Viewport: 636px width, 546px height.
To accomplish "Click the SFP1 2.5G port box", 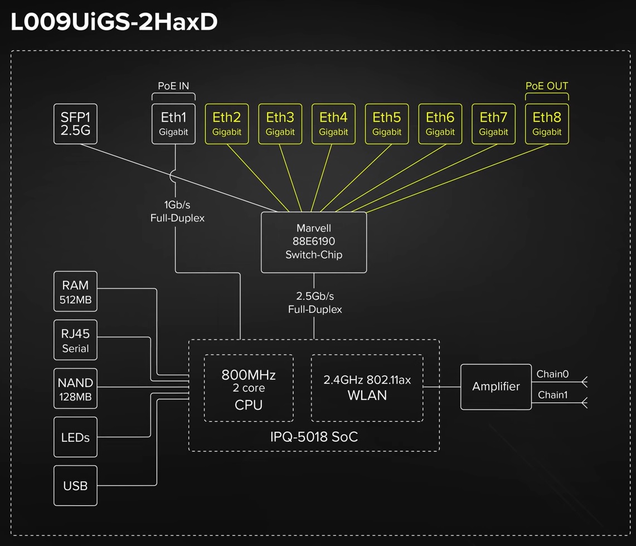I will (75, 124).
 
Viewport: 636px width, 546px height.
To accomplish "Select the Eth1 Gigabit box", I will (174, 124).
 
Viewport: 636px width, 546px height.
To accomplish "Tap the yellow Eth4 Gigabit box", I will (333, 124).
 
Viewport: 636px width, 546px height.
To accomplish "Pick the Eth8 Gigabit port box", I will (547, 124).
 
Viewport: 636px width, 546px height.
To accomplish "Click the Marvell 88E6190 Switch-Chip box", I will (314, 242).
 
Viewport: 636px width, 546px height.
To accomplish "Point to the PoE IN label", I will (173, 86).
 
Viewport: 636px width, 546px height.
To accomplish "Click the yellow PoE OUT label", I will (547, 86).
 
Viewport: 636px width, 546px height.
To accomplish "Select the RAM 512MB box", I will (75, 292).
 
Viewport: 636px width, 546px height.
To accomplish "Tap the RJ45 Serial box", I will (75, 340).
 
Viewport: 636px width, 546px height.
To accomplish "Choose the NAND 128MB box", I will (75, 389).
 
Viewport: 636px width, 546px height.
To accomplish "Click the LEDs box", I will (75, 437).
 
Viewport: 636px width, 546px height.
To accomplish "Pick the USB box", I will (75, 486).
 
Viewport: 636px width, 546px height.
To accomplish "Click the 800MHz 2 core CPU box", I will (249, 389).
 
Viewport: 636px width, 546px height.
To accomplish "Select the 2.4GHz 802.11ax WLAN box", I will (367, 388).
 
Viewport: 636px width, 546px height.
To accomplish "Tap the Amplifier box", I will (496, 386).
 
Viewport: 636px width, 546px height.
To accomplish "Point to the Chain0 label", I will (552, 374).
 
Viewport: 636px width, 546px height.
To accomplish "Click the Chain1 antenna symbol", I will (584, 402).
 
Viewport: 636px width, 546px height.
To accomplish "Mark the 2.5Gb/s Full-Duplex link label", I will (315, 302).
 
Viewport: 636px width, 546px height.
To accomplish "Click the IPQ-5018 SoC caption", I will (314, 436).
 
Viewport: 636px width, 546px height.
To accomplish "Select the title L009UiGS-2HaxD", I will (114, 22).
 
